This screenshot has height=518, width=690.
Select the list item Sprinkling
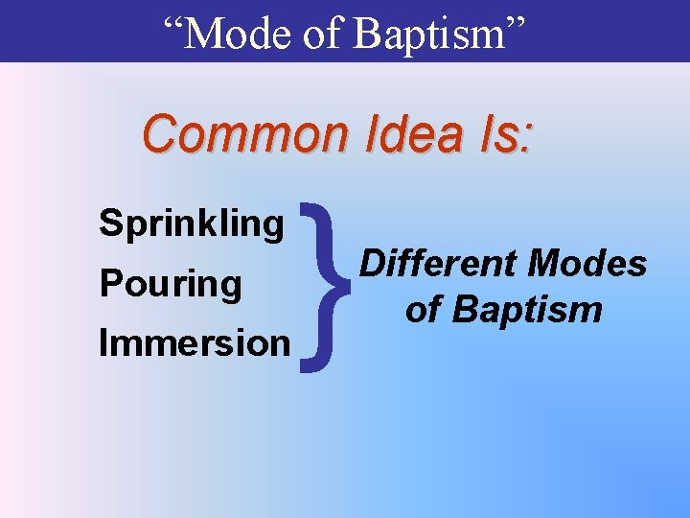192,224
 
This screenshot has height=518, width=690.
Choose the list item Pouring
170,284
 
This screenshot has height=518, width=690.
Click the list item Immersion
195,342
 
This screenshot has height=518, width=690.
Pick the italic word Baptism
527,309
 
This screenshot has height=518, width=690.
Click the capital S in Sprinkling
108,224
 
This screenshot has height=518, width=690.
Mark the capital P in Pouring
108,284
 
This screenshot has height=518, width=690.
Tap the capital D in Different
369,263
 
